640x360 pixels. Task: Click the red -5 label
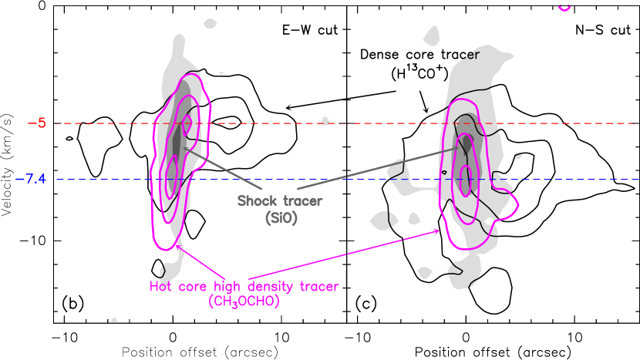tap(41, 123)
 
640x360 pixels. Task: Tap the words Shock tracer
tap(280, 201)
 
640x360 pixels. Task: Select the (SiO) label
tap(281, 218)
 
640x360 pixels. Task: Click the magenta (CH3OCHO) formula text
tap(244, 301)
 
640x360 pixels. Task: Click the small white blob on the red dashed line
tap(325, 121)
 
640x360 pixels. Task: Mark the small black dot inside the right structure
tap(490, 222)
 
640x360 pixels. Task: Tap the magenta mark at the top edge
tap(564, 7)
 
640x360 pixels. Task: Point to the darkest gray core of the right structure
tap(467, 144)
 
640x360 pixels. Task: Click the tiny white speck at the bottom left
tap(114, 319)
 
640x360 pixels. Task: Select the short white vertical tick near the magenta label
tap(345, 276)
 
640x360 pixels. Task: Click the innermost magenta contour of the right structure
tap(464, 173)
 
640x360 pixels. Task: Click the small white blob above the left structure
tap(211, 24)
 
